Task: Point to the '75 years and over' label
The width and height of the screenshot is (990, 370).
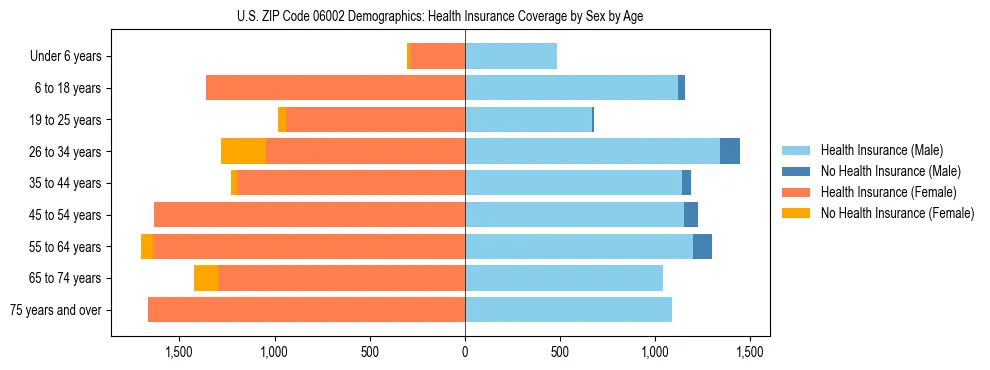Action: [56, 310]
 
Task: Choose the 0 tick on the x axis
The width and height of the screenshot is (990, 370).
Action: [465, 352]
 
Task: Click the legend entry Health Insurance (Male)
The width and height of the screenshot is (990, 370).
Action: [881, 150]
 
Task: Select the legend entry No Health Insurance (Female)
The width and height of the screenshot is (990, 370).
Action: [896, 213]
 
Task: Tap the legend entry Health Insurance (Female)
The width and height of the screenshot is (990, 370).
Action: [888, 192]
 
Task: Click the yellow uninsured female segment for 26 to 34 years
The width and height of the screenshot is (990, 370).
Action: [243, 151]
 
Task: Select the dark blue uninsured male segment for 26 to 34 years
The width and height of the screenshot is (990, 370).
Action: [730, 151]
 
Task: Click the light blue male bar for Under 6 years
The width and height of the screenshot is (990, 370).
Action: [511, 56]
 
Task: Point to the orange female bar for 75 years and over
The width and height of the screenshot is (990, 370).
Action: [306, 310]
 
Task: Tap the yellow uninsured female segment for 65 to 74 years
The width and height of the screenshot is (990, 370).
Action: [206, 278]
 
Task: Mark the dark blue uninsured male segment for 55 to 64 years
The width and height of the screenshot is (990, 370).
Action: [702, 246]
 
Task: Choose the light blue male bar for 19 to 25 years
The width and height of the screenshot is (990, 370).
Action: [528, 120]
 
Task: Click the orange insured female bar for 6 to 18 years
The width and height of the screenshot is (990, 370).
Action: [335, 88]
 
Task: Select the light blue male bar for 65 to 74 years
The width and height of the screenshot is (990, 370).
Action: [564, 278]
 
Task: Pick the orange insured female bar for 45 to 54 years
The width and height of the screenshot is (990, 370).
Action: [309, 215]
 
